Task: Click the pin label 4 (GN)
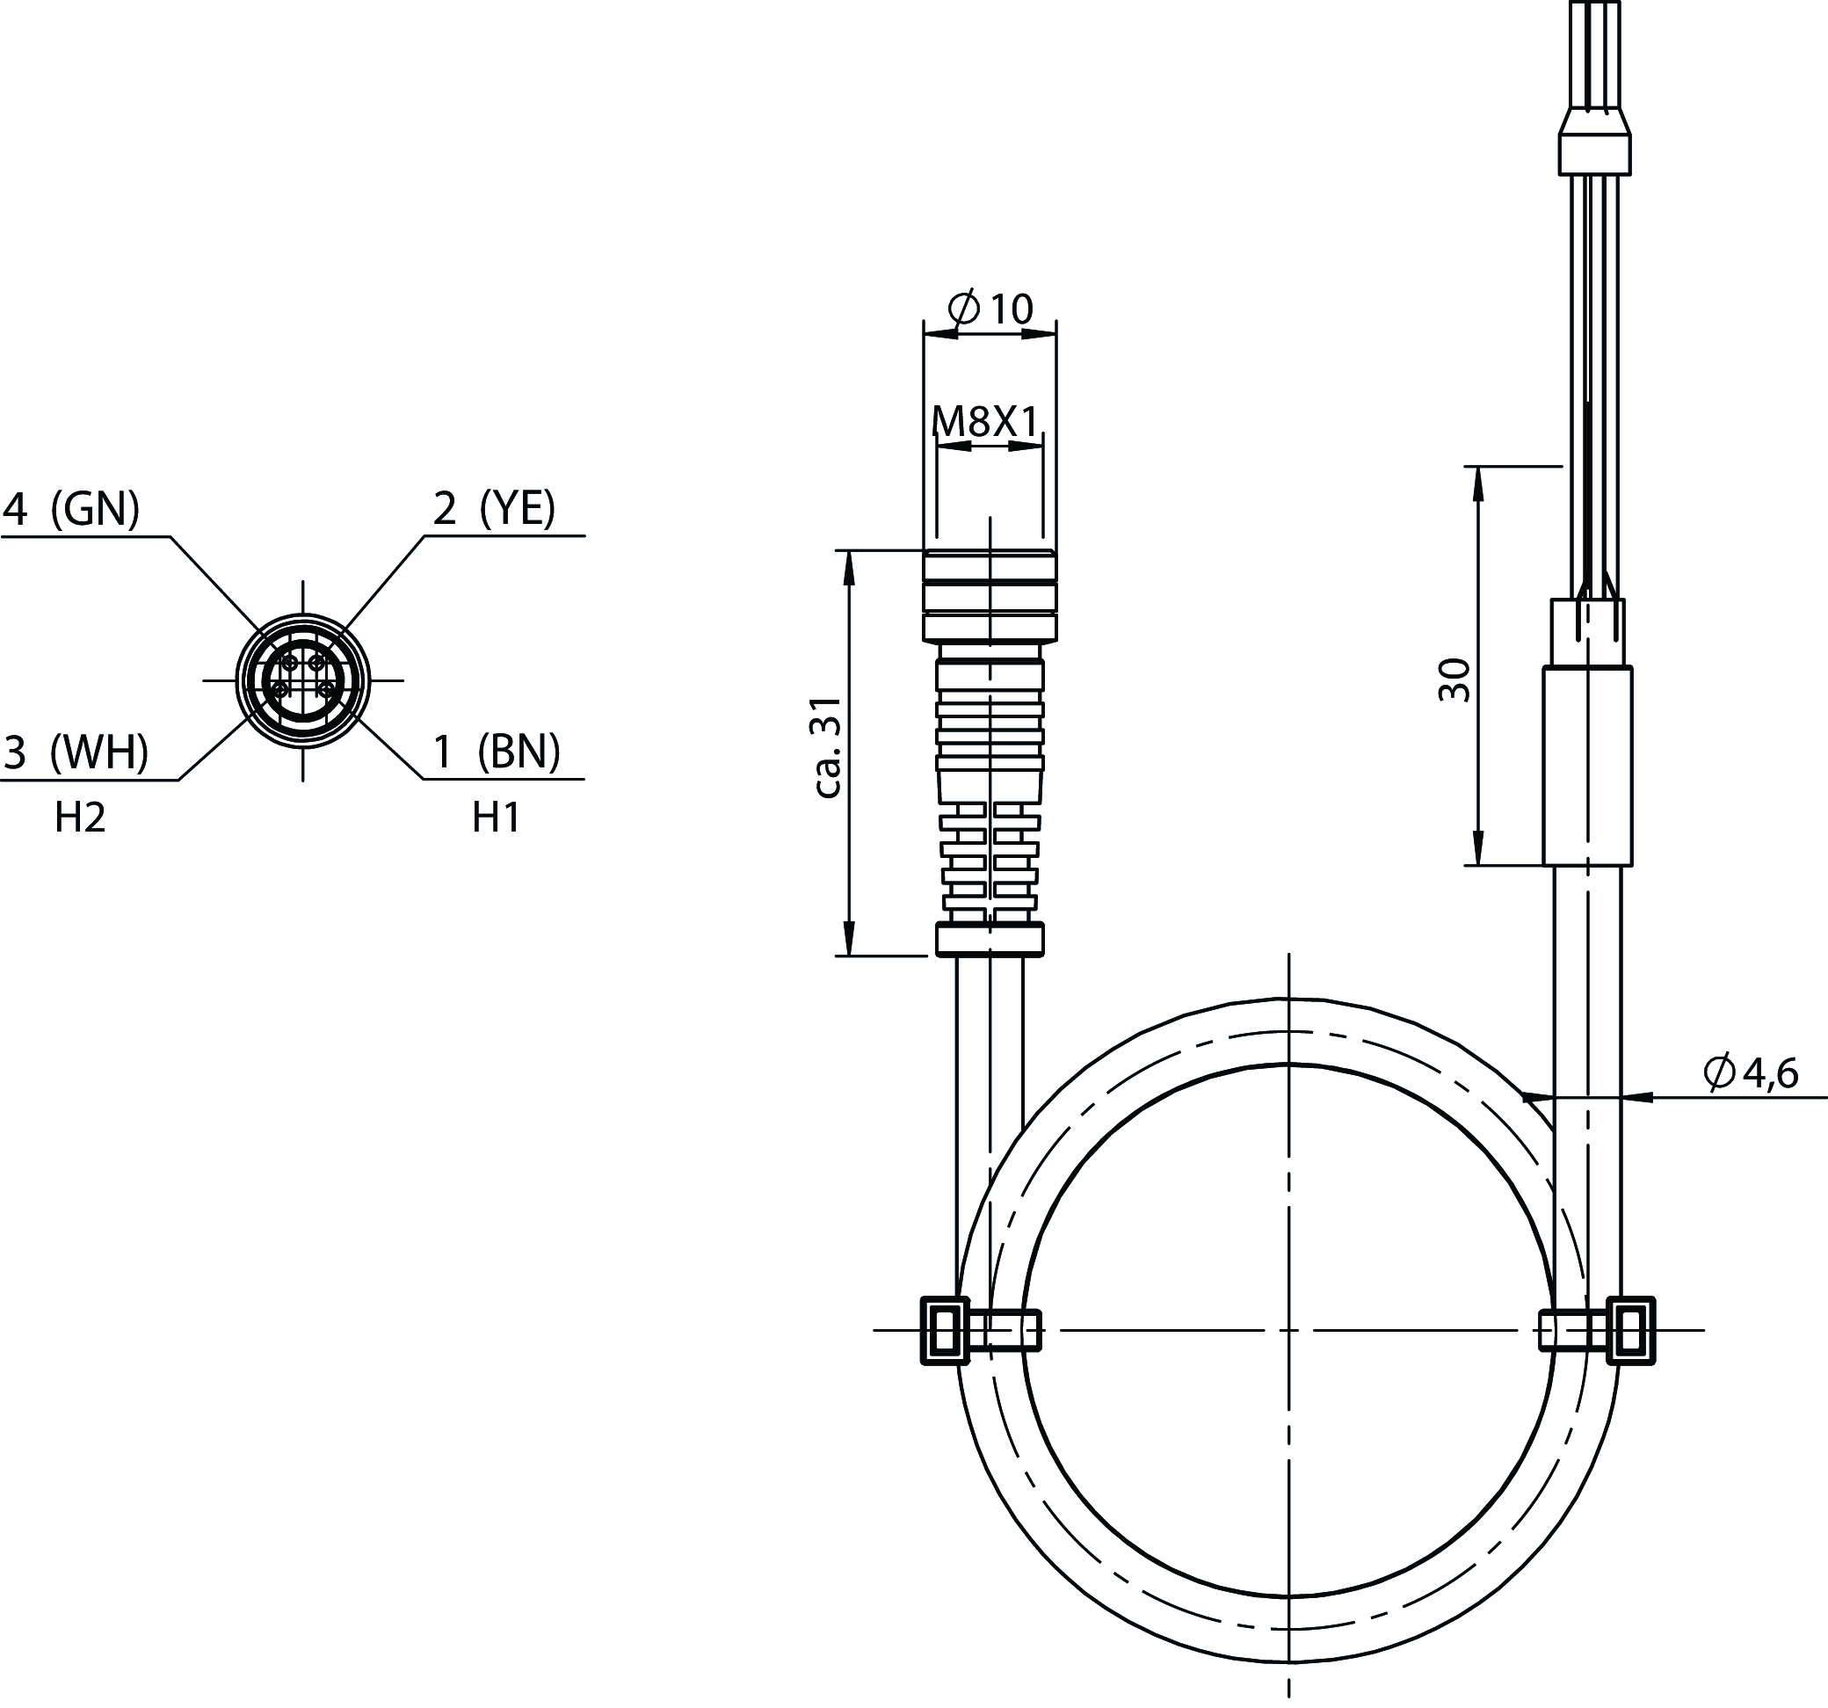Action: (71, 509)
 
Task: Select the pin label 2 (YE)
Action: (495, 509)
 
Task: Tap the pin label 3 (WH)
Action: (76, 752)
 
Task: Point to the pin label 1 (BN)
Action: (497, 752)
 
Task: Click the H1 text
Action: (497, 818)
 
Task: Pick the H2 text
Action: (80, 818)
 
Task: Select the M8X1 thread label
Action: (985, 422)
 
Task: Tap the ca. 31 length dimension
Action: (829, 747)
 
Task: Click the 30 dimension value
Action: (1454, 680)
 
